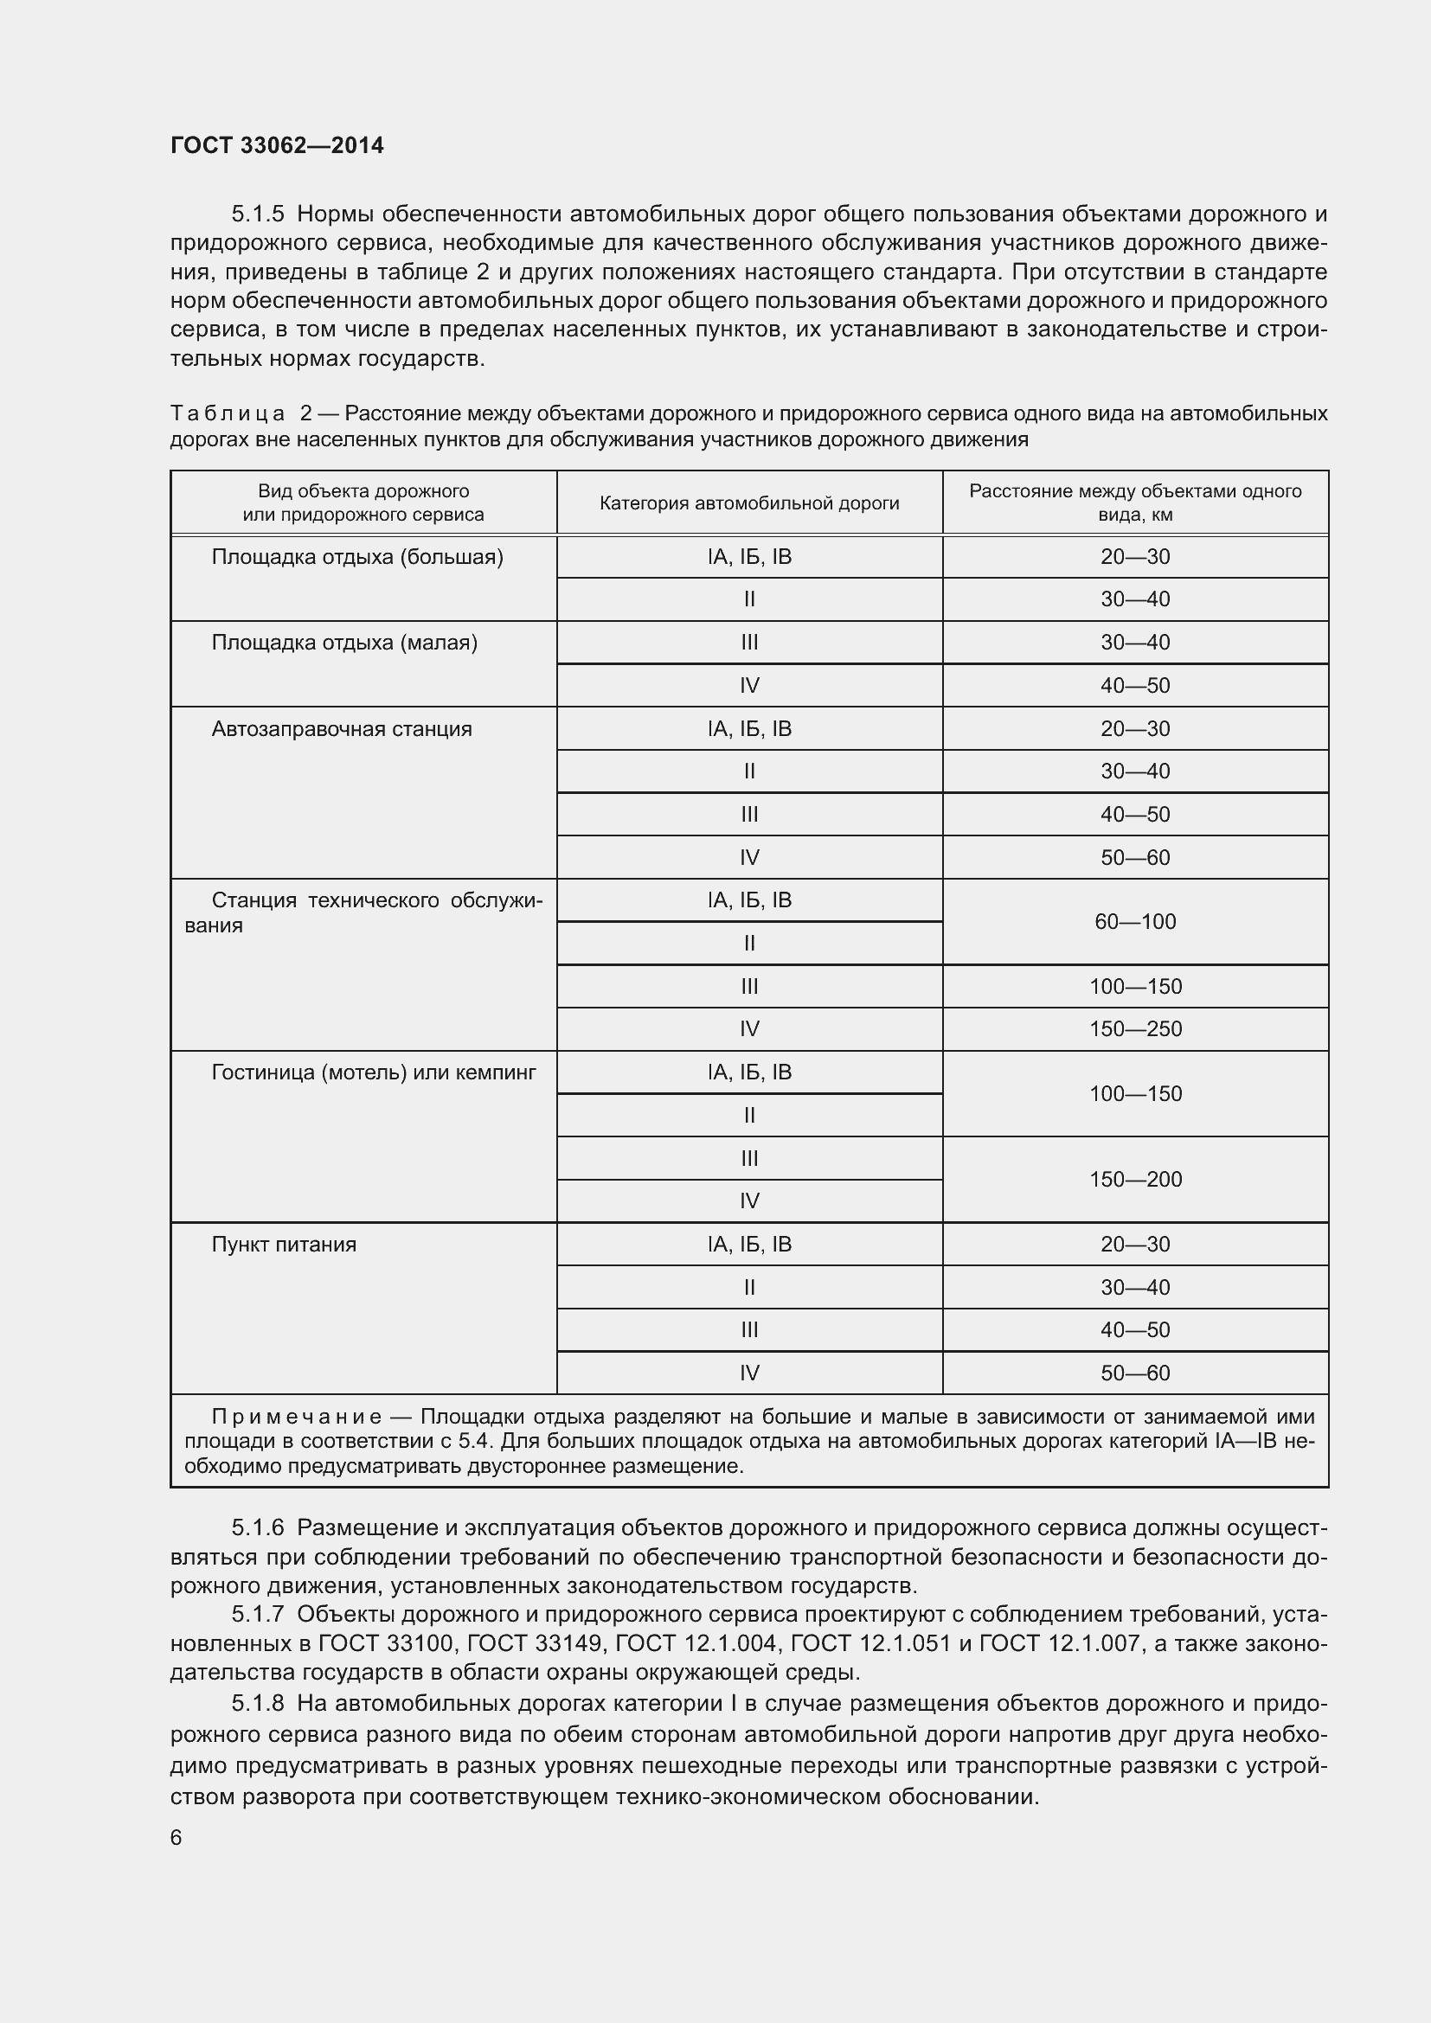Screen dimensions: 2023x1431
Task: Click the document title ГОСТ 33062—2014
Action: pyautogui.click(x=277, y=145)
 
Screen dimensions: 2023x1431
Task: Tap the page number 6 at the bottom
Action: pyautogui.click(x=176, y=1837)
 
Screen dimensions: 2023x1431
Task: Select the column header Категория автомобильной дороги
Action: pyautogui.click(x=749, y=503)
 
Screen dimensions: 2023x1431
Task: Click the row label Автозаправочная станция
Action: pyautogui.click(x=341, y=728)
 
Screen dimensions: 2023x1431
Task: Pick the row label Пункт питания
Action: pyautogui.click(x=284, y=1244)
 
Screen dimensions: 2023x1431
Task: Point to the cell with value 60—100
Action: pyautogui.click(x=1135, y=922)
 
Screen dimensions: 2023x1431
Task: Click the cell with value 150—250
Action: pyautogui.click(x=1135, y=1029)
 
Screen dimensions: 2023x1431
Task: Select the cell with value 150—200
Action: pyautogui.click(x=1135, y=1179)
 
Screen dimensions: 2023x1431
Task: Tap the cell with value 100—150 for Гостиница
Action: pyautogui.click(x=1135, y=1093)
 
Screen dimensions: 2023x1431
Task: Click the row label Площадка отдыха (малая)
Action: pyautogui.click(x=343, y=643)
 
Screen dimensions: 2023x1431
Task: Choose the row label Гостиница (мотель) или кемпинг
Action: pyautogui.click(x=374, y=1072)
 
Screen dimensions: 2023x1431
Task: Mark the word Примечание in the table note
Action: pyautogui.click(x=296, y=1416)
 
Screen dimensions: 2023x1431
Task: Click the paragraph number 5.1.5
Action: pyautogui.click(x=257, y=214)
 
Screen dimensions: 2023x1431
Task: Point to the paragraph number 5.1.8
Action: pyautogui.click(x=257, y=1704)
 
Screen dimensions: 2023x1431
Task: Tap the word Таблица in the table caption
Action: pyautogui.click(x=228, y=413)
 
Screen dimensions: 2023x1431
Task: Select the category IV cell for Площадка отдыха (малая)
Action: pyautogui.click(x=749, y=686)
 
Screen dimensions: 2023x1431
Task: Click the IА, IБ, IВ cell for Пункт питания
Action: pyautogui.click(x=749, y=1244)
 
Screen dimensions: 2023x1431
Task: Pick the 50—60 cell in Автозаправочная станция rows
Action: pyautogui.click(x=1135, y=857)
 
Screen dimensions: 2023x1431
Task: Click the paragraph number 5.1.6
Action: pyautogui.click(x=257, y=1527)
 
